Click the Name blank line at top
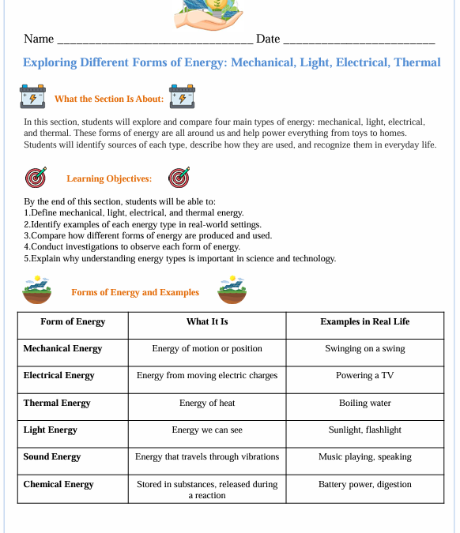pos(155,40)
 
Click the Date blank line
pos(359,40)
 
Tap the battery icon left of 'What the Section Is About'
pos(32,97)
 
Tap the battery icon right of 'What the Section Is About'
pos(182,97)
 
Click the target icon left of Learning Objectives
pos(36,178)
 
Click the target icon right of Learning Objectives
pos(179,178)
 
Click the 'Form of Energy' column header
pos(73,322)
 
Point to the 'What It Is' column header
pos(207,322)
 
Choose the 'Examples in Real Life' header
pos(364,322)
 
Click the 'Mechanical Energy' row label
pos(62,349)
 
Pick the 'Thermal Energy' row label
pos(57,404)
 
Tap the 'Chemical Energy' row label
pos(58,485)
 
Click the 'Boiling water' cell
pos(364,404)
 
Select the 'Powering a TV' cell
pos(364,376)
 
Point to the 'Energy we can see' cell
pos(207,430)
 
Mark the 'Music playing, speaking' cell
pos(364,457)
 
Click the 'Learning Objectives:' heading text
pos(109,179)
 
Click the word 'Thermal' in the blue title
pos(417,62)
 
